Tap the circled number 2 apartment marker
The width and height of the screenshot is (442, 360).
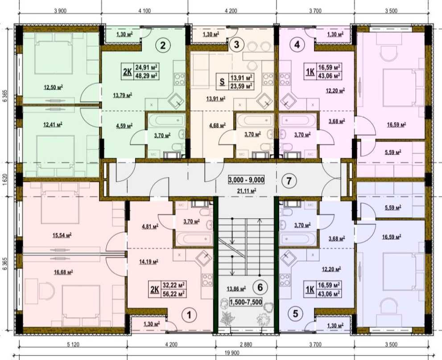coord(163,45)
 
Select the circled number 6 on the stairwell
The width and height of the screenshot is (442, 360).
coord(260,287)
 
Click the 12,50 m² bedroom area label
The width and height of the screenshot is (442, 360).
coord(53,87)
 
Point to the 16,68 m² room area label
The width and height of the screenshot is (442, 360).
coord(63,272)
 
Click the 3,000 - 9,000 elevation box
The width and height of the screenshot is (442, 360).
coord(246,180)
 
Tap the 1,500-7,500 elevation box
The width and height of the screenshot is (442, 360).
coord(246,303)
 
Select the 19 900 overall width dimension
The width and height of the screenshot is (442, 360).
coord(232,353)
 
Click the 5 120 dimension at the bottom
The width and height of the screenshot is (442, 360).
coord(73,344)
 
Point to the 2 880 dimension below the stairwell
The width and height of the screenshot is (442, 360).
coord(246,344)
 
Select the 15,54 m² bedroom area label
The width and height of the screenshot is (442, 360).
coord(62,235)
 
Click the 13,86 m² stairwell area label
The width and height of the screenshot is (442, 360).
coord(236,288)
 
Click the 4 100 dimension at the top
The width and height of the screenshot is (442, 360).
coord(145,11)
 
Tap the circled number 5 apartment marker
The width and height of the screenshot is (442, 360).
coord(295,314)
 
